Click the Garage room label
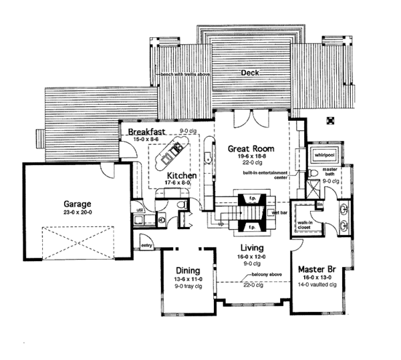[73, 205]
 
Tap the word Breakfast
[148, 132]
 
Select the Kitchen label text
[172, 176]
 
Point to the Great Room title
[249, 148]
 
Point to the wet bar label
[280, 212]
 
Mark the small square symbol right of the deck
[329, 120]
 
